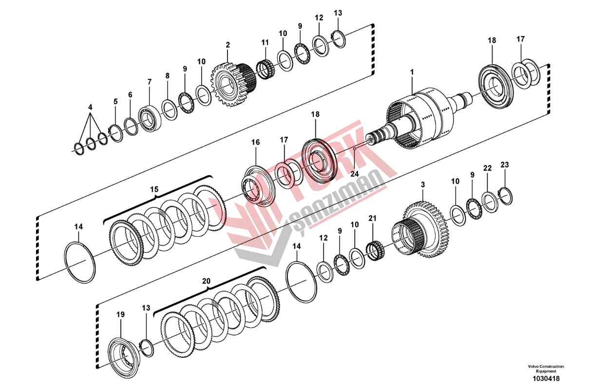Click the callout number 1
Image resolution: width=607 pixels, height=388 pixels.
(412, 72)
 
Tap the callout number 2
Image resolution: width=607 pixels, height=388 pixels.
(228, 45)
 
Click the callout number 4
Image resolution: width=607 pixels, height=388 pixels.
(90, 107)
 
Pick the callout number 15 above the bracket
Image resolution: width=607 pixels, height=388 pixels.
(154, 188)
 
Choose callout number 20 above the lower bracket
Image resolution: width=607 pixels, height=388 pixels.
(206, 281)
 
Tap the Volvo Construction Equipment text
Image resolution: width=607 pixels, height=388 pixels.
(545, 369)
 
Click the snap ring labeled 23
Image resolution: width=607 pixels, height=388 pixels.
(507, 197)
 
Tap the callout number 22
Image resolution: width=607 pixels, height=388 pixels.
(487, 168)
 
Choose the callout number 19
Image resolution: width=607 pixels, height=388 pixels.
(120, 314)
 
